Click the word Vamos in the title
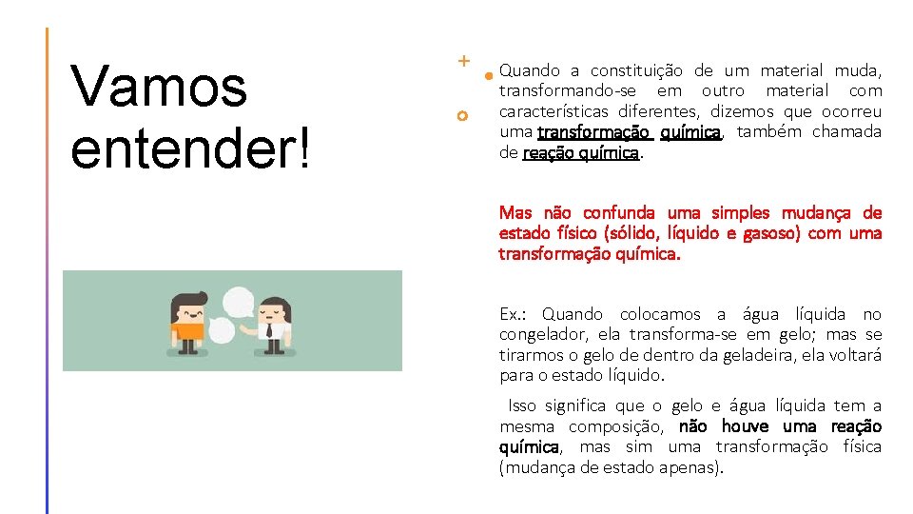(159, 88)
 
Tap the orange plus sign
(463, 61)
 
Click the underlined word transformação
(593, 132)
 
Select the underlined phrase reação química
(581, 153)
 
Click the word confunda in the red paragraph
(618, 212)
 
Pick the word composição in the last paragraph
(617, 426)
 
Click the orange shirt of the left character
(188, 331)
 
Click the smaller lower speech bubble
(221, 331)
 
